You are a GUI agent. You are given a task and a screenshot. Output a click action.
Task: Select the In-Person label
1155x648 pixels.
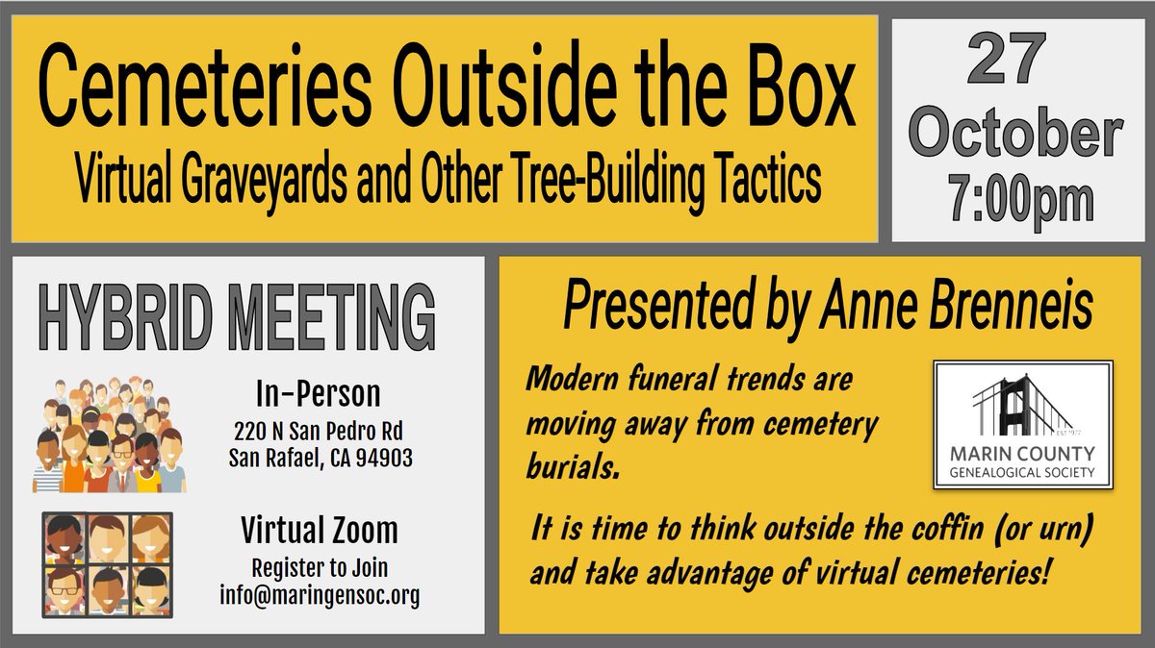pos(318,393)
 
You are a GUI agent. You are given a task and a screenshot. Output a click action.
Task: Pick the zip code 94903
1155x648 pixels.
pos(378,459)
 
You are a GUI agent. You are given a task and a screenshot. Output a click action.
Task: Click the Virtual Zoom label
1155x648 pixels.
pos(318,531)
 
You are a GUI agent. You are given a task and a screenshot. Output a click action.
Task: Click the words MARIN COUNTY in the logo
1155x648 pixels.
pos(1023,456)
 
